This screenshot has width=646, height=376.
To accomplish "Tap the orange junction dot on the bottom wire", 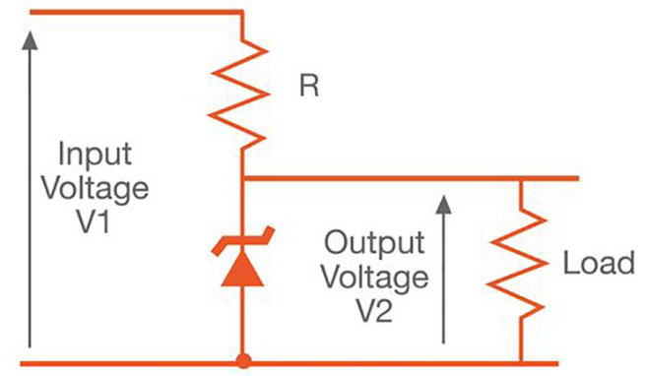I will (x=242, y=360).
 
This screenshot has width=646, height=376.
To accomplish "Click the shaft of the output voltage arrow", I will (x=443, y=285).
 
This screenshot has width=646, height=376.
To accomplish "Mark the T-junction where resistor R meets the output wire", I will (x=242, y=178).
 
